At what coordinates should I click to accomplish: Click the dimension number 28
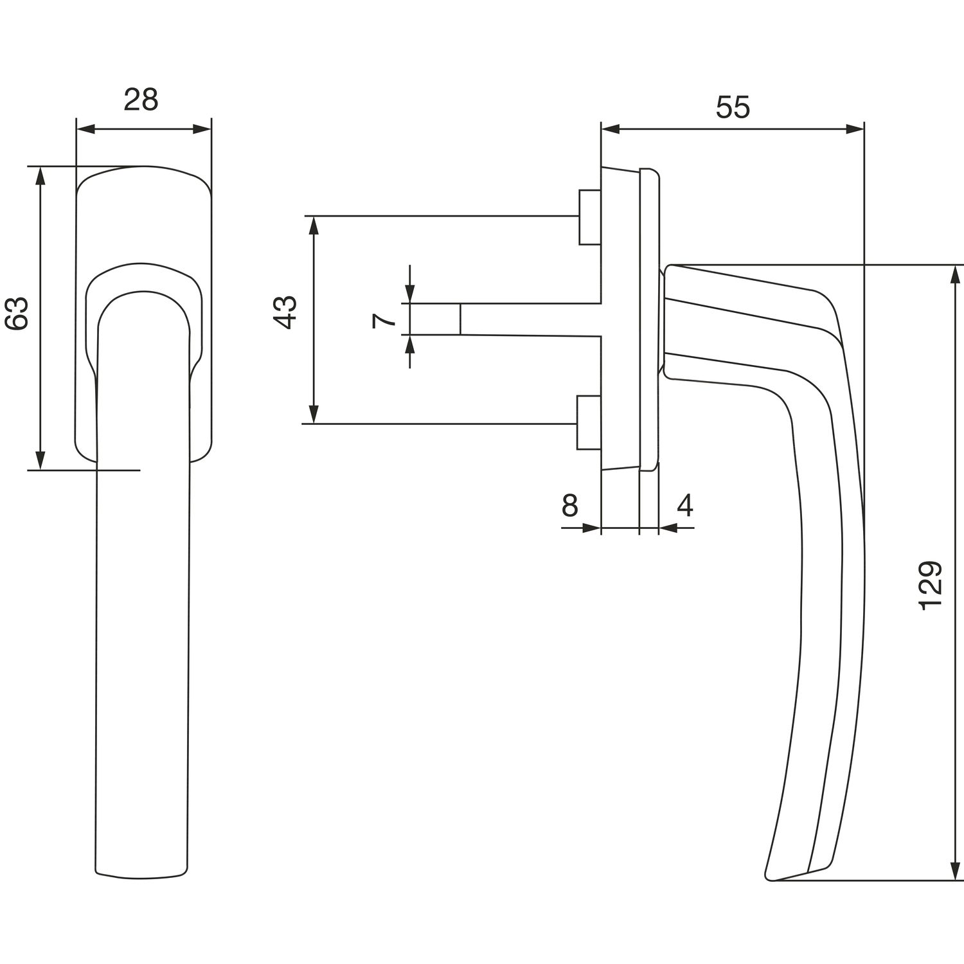pos(141,100)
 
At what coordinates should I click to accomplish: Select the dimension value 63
pos(17,313)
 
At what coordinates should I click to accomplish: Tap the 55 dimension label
pos(733,107)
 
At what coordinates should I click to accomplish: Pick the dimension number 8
pos(570,506)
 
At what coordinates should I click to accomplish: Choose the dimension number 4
pos(685,506)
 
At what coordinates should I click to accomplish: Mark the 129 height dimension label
pos(930,585)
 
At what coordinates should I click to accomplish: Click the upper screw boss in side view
pos(589,217)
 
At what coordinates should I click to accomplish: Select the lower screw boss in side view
pos(588,422)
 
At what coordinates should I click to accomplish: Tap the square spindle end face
pos(434,319)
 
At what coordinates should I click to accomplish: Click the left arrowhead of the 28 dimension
pos(84,130)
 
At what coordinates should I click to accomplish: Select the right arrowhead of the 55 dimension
pos(855,130)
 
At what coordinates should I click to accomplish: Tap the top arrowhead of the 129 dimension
pos(954,273)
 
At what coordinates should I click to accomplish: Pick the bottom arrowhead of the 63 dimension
pos(40,461)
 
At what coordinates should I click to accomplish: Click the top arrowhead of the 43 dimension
pos(314,225)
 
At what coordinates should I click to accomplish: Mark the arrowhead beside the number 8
pos(592,528)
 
